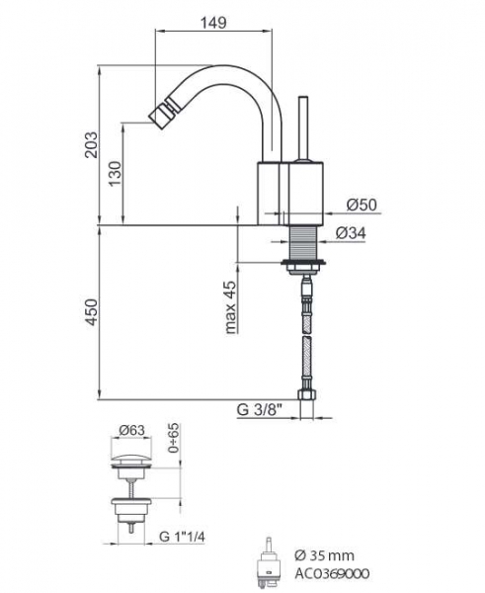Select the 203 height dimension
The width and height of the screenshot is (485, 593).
[92, 144]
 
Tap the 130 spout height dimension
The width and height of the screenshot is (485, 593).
[116, 174]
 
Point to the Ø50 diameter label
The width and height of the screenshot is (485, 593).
[362, 205]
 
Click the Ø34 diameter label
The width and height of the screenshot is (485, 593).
[351, 233]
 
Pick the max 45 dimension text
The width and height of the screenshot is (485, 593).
[231, 307]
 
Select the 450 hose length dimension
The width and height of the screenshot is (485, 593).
[92, 312]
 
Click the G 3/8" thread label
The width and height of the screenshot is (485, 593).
[261, 410]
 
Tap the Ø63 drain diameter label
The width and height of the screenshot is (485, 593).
[132, 430]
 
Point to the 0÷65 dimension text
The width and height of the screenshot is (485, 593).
[174, 438]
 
